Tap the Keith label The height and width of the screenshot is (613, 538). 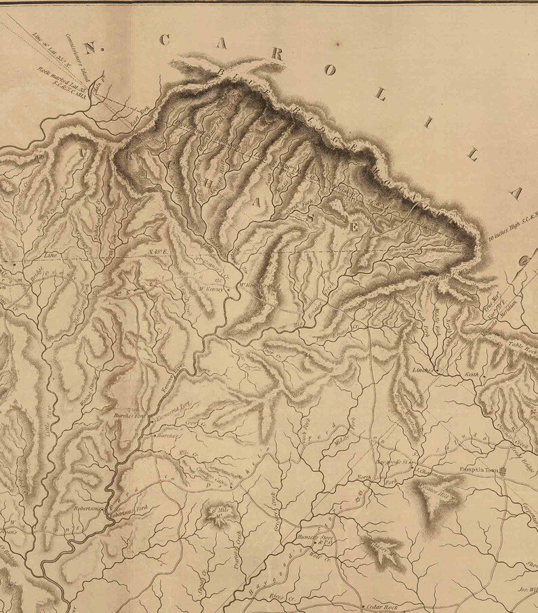470,374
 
